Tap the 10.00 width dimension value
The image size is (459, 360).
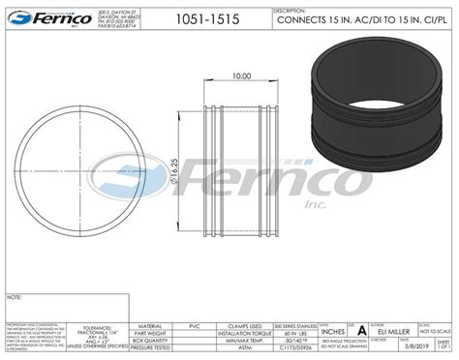pos(242,75)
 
